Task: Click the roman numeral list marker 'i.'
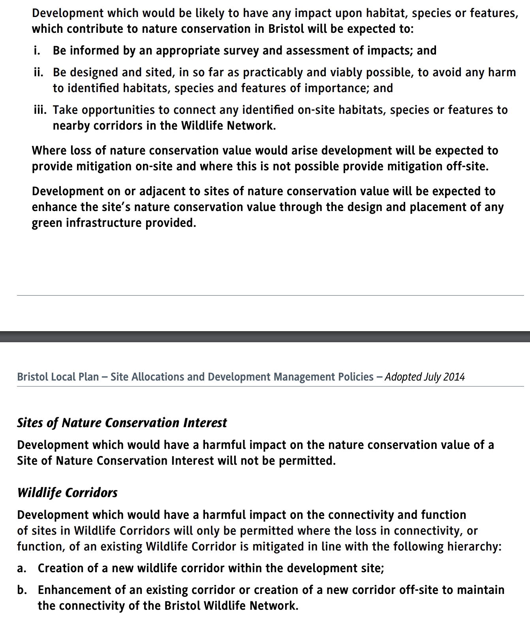tap(37, 51)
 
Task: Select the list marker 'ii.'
tap(38, 72)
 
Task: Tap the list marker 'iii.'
tap(40, 110)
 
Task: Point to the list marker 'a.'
tap(22, 568)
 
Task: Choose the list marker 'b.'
tap(22, 590)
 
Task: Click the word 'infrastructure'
tap(104, 223)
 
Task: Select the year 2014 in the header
tap(454, 377)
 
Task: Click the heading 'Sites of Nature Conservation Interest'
tap(122, 423)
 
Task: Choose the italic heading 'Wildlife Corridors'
tap(67, 493)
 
